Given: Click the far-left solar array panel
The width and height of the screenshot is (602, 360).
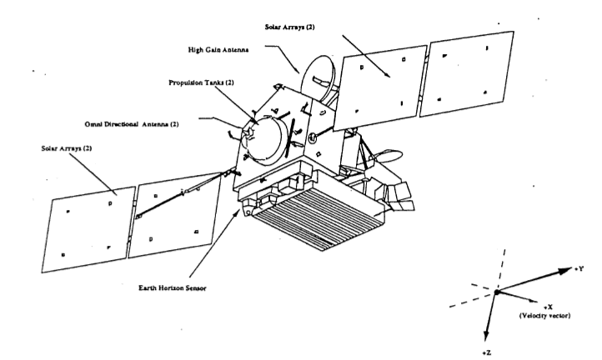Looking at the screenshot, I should (x=91, y=227).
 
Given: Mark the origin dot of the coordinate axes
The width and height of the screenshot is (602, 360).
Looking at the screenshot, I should (x=494, y=292).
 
